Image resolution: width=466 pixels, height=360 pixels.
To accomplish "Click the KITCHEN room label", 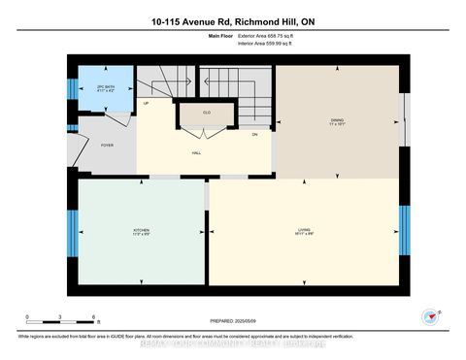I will coord(141,229).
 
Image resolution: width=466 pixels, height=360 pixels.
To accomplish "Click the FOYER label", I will coord(107,144).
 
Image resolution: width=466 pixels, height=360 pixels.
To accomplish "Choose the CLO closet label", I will coord(207,113).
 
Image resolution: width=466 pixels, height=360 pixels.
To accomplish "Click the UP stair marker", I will coord(147,103).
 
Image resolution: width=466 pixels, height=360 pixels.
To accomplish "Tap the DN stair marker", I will coord(254,134).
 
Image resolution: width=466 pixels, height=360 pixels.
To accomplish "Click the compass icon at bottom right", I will coord(428,316).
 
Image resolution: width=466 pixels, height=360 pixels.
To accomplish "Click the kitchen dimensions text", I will coord(141,234).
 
